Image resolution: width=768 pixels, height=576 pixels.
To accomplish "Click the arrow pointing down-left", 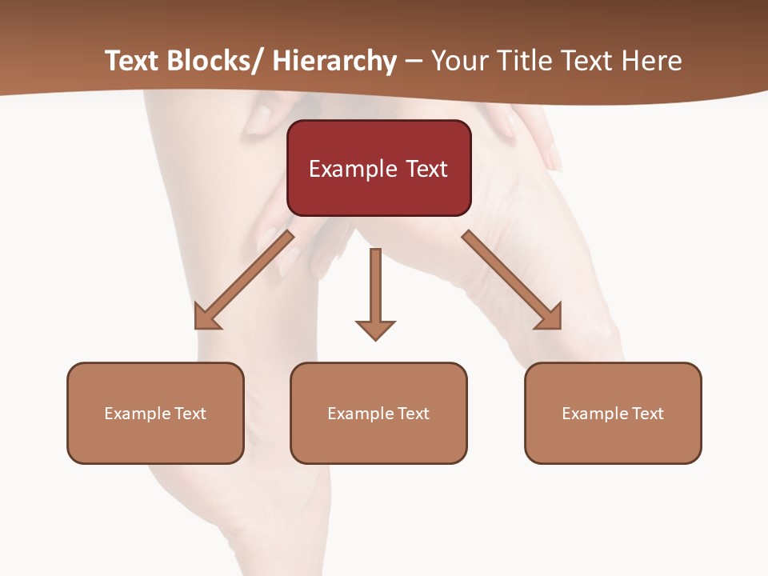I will pyautogui.click(x=244, y=280).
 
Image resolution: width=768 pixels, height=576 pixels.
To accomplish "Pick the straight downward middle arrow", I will pyautogui.click(x=375, y=292).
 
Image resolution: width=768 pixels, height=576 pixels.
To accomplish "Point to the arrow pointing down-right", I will pyautogui.click(x=512, y=280).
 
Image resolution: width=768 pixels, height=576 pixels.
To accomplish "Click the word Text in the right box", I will pyautogui.click(x=646, y=414).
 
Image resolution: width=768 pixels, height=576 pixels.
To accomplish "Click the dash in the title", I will pyautogui.click(x=414, y=62).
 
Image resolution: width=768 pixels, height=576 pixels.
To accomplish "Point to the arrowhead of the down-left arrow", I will pyautogui.click(x=206, y=318).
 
